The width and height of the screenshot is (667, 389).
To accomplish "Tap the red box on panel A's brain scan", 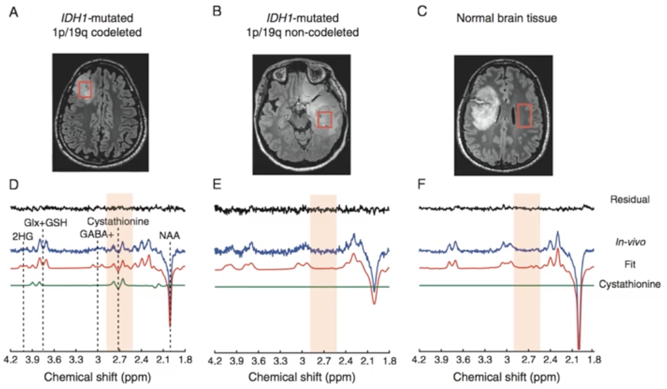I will pos(85,89).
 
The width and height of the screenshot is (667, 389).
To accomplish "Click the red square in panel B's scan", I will pos(325,120).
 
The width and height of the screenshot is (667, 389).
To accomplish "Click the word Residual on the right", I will pos(631,199).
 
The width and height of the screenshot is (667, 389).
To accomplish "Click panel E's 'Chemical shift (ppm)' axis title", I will pos(302,377).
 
